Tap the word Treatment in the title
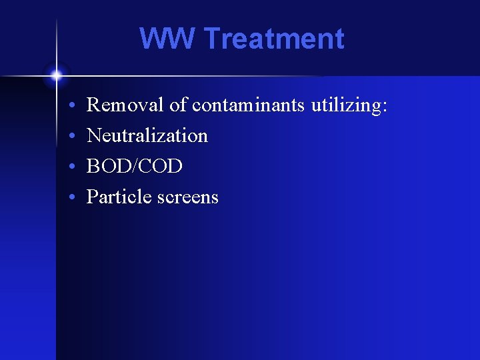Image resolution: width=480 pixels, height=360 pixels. [x=273, y=39]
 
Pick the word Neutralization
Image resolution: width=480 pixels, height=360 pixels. [x=147, y=135]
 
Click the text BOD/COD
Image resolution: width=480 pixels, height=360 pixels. [x=134, y=166]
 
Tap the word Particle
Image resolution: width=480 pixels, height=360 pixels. [x=117, y=197]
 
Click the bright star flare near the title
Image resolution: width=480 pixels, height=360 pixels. [x=57, y=75]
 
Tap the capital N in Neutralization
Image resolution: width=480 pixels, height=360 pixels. [x=94, y=135]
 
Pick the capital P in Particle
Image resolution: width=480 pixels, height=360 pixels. [x=93, y=197]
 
